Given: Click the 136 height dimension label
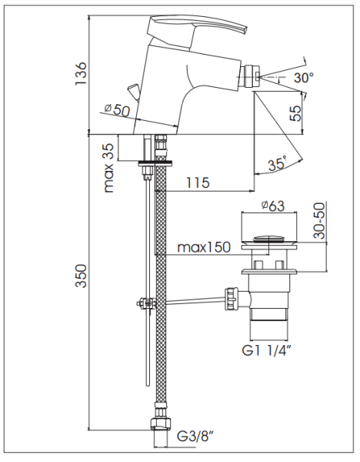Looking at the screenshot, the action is click(81, 73).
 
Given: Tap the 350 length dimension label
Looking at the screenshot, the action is click(81, 276).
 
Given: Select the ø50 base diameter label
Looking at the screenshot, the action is click(117, 109).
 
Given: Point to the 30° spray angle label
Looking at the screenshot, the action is click(304, 78).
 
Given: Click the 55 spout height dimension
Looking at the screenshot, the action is click(295, 113).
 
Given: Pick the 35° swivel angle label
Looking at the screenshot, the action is click(278, 164).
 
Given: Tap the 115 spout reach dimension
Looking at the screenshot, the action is click(198, 182).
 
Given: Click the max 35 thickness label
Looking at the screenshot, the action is click(108, 168).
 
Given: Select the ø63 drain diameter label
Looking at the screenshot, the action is click(273, 206).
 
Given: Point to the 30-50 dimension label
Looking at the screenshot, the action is click(319, 220).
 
